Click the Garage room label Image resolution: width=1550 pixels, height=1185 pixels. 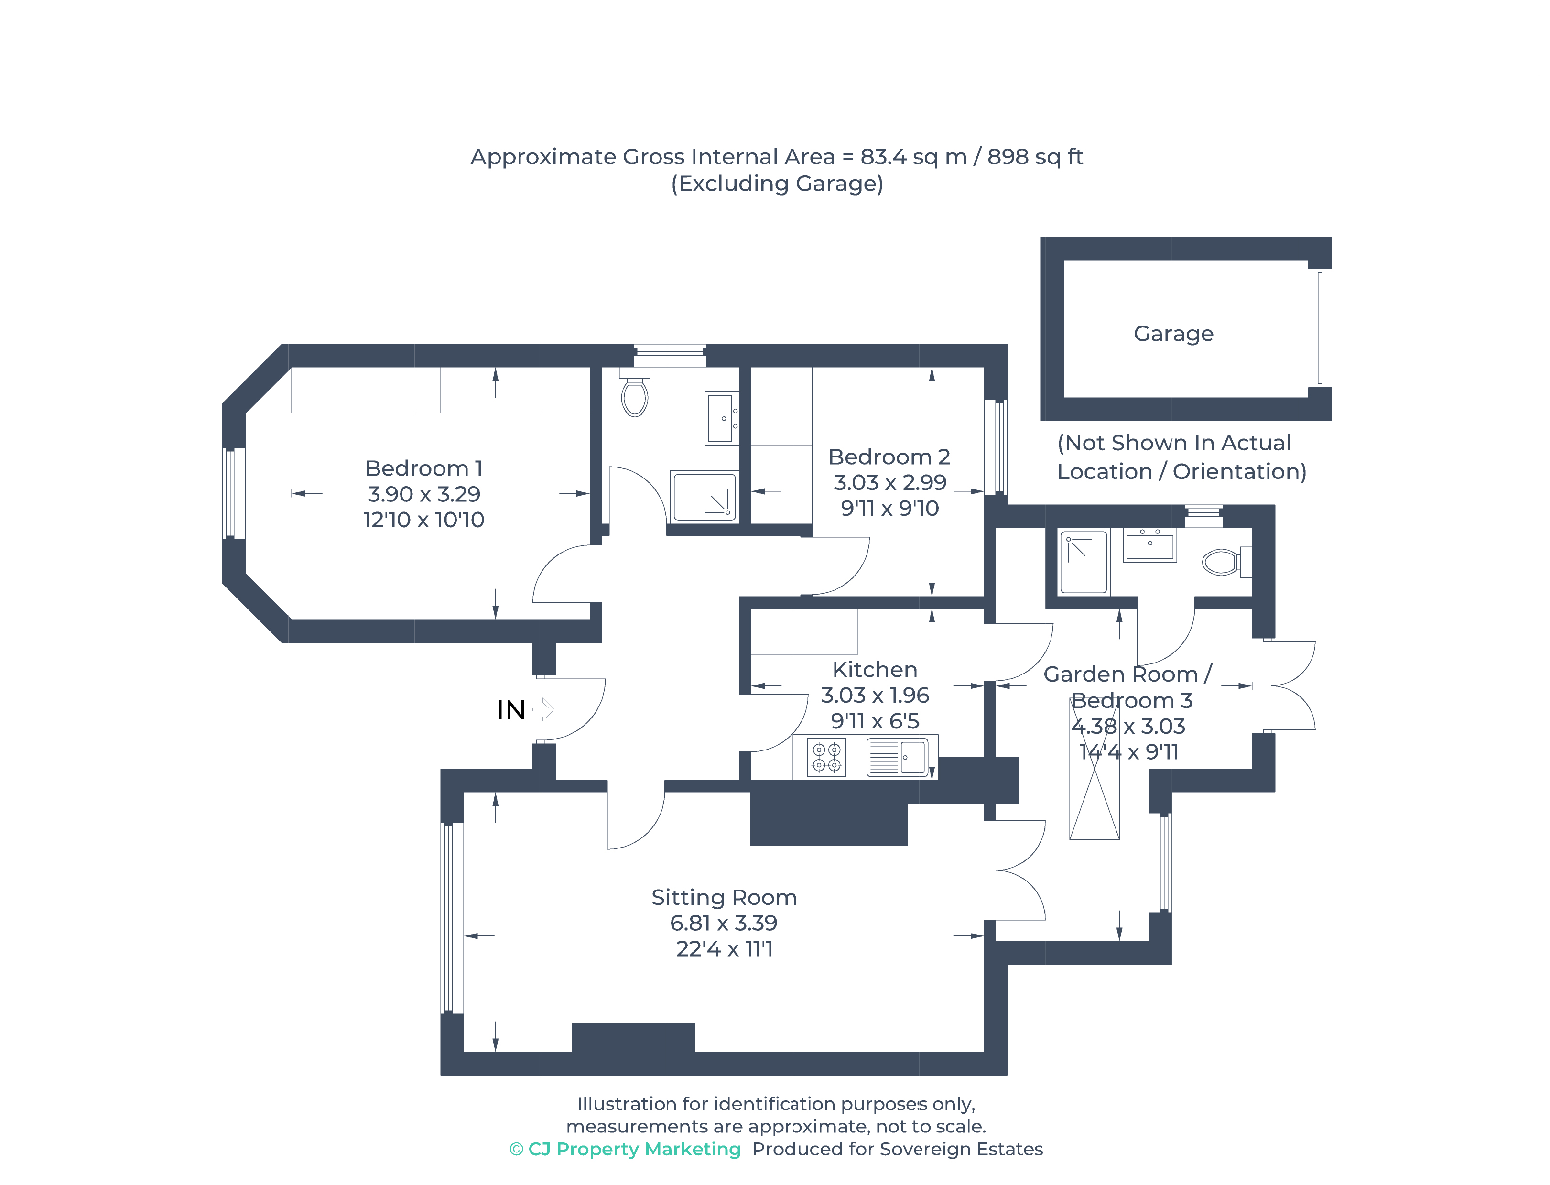click(x=1173, y=334)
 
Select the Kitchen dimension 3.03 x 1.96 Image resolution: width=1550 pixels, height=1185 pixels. click(x=875, y=696)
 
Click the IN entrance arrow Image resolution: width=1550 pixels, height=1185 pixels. click(x=543, y=709)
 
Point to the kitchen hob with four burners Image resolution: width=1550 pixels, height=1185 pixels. click(x=826, y=758)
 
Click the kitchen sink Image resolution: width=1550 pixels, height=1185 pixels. click(x=897, y=757)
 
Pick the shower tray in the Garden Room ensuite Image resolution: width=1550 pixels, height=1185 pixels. click(x=1084, y=562)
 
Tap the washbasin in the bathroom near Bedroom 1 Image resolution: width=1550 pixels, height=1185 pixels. click(x=721, y=418)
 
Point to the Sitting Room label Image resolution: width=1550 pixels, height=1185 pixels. click(x=724, y=897)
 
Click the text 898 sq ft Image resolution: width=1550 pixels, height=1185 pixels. click(x=1034, y=157)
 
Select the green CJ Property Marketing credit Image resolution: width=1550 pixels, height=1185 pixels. click(x=625, y=1150)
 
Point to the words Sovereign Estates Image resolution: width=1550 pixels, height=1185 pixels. click(x=961, y=1150)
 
